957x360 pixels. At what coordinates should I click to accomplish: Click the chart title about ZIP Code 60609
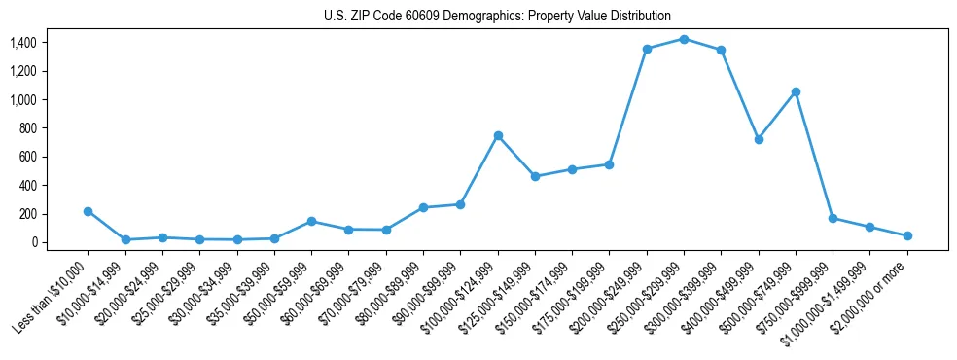[497, 17]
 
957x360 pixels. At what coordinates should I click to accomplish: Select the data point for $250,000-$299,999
[684, 39]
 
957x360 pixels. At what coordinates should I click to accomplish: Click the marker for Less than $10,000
[88, 211]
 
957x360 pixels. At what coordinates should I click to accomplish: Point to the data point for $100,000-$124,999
[498, 135]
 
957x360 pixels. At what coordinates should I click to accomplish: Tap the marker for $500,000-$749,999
[796, 91]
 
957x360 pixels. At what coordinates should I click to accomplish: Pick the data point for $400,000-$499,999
[759, 139]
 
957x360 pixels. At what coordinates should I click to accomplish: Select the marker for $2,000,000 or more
[907, 235]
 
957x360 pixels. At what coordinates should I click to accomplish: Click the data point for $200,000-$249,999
[647, 49]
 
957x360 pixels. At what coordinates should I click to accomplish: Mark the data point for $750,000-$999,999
[833, 218]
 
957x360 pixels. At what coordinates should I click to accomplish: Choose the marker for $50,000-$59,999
[311, 221]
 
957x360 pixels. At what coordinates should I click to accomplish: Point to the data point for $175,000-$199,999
[609, 164]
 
